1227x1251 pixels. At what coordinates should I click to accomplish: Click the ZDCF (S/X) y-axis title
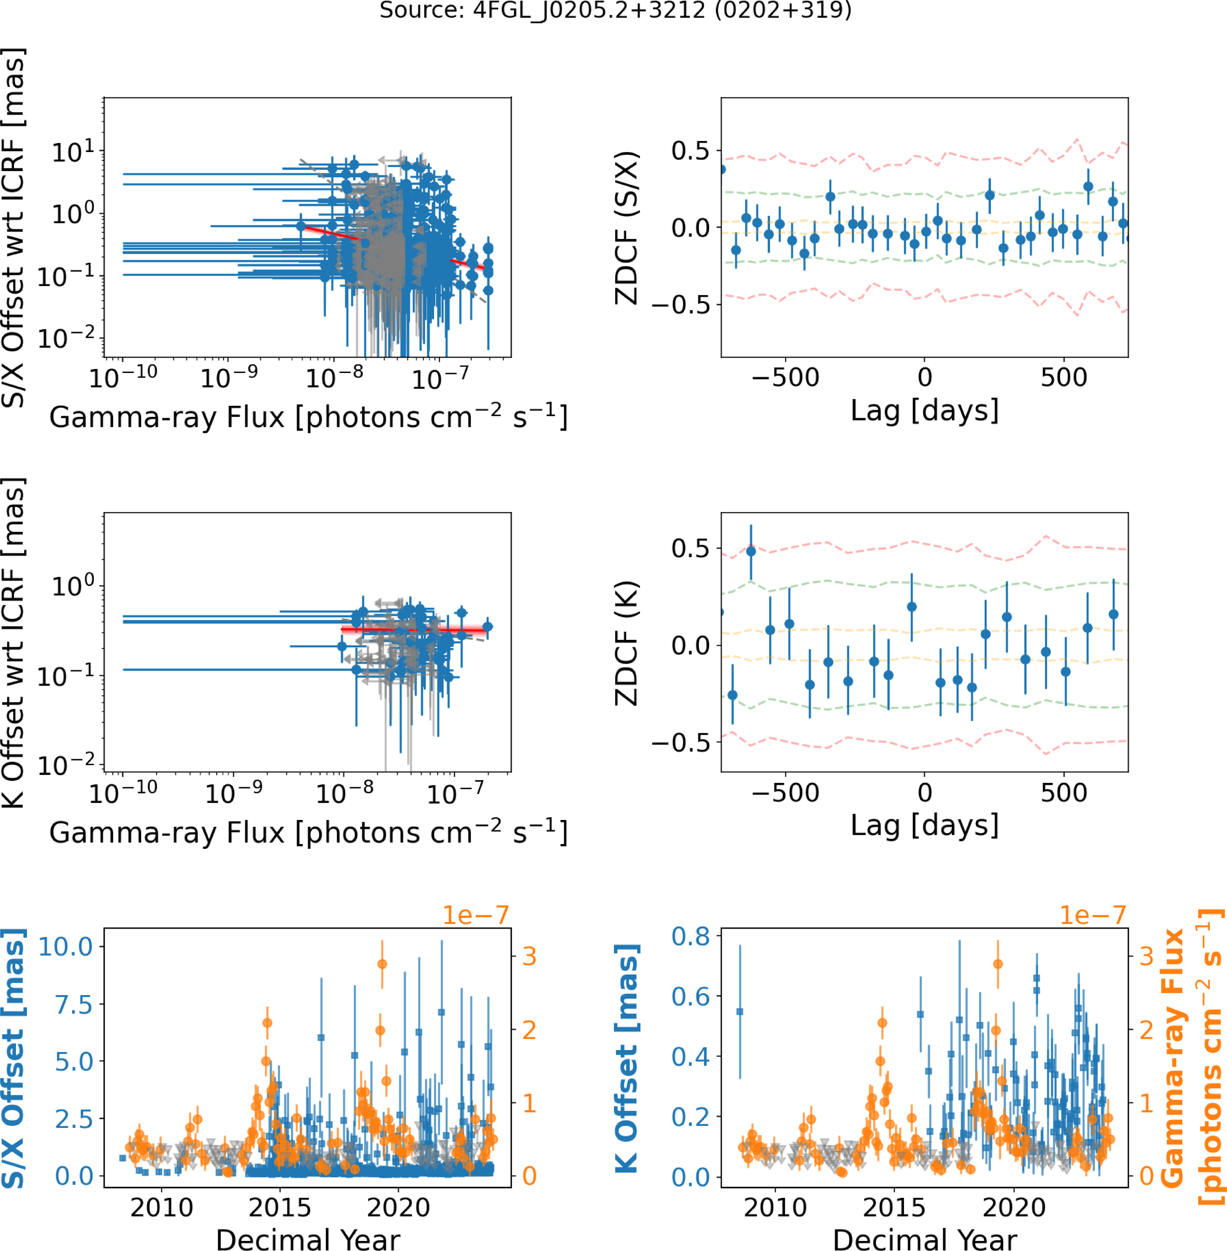point(626,227)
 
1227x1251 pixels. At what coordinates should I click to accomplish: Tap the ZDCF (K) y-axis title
point(626,643)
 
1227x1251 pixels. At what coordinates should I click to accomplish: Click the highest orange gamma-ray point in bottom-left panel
point(382,964)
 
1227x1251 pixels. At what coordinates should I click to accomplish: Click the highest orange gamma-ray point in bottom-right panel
point(998,964)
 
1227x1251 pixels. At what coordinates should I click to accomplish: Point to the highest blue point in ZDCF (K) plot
point(751,551)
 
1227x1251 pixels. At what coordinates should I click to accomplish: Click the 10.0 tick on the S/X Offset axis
point(66,947)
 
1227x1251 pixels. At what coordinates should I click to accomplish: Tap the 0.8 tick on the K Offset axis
point(691,936)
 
